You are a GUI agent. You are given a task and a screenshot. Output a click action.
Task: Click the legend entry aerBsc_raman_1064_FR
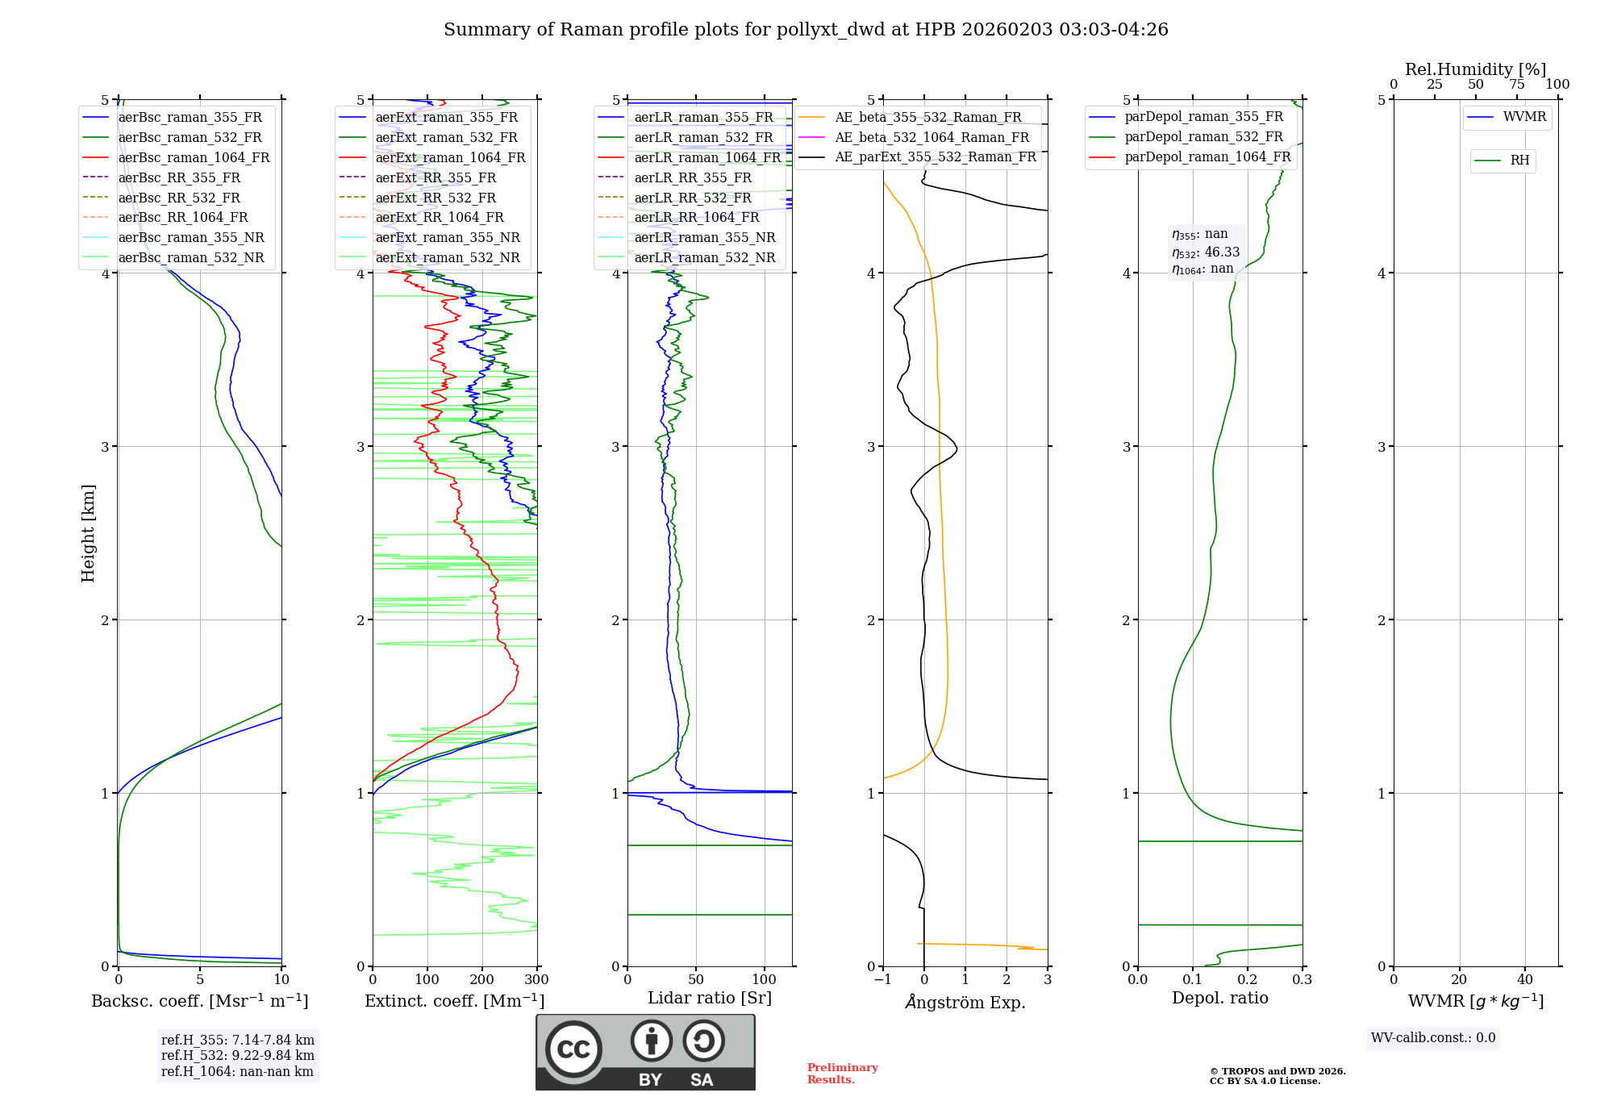click(194, 158)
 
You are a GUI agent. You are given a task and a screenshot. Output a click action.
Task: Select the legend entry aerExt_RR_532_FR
click(436, 198)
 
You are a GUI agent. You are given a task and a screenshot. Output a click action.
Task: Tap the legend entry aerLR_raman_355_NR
click(704, 238)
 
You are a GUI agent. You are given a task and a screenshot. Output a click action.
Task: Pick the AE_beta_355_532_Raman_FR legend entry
click(927, 118)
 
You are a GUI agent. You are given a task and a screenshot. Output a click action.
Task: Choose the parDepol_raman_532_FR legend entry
click(1203, 137)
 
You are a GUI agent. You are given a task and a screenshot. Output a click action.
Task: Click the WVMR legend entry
click(1524, 117)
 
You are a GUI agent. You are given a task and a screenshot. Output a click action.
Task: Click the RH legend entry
click(1519, 161)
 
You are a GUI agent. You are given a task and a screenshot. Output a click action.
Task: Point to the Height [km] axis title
click(88, 533)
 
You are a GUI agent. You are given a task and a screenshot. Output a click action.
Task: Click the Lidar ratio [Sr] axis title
click(710, 998)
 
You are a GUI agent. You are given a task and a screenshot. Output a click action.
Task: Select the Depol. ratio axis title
click(1219, 998)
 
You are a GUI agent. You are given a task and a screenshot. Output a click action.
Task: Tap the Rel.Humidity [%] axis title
click(1475, 69)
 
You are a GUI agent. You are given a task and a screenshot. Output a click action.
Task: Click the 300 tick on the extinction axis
click(537, 980)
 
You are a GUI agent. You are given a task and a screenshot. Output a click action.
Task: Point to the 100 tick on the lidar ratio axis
click(764, 980)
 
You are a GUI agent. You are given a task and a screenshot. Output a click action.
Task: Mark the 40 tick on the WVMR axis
click(1525, 980)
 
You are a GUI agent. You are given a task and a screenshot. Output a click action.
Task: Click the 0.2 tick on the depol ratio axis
click(1247, 980)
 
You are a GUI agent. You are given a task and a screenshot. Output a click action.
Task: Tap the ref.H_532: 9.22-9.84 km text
click(238, 1055)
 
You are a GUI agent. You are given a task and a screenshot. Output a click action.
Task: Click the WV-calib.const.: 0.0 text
click(1433, 1038)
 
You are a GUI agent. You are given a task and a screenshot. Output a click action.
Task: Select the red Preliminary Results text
click(842, 1074)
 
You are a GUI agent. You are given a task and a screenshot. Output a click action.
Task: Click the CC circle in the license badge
click(573, 1049)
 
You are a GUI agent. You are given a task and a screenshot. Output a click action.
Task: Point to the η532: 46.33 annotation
click(1206, 252)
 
